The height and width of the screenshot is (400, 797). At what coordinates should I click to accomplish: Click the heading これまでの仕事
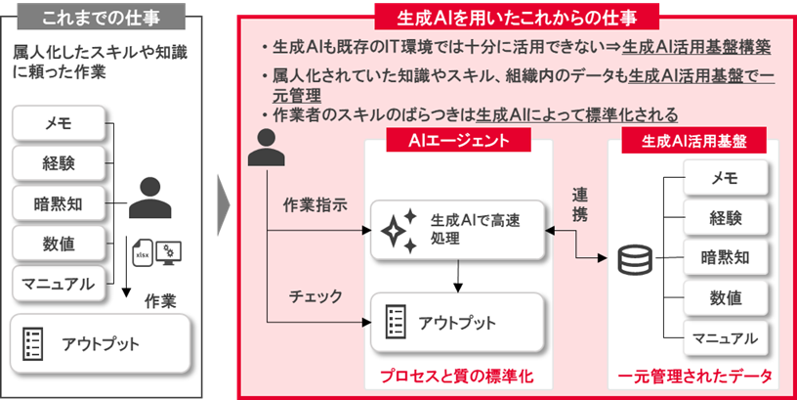[102, 17]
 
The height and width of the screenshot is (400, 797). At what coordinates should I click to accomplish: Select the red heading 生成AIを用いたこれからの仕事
[516, 17]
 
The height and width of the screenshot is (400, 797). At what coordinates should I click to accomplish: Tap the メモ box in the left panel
[59, 124]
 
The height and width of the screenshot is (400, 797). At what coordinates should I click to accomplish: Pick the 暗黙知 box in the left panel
[59, 203]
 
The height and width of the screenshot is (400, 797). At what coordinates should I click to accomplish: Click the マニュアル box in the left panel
[59, 284]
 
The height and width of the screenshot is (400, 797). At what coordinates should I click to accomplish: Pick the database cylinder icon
[636, 260]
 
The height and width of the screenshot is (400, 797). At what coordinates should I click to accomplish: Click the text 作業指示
[315, 206]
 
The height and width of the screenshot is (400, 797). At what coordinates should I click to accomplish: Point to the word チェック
[314, 293]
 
